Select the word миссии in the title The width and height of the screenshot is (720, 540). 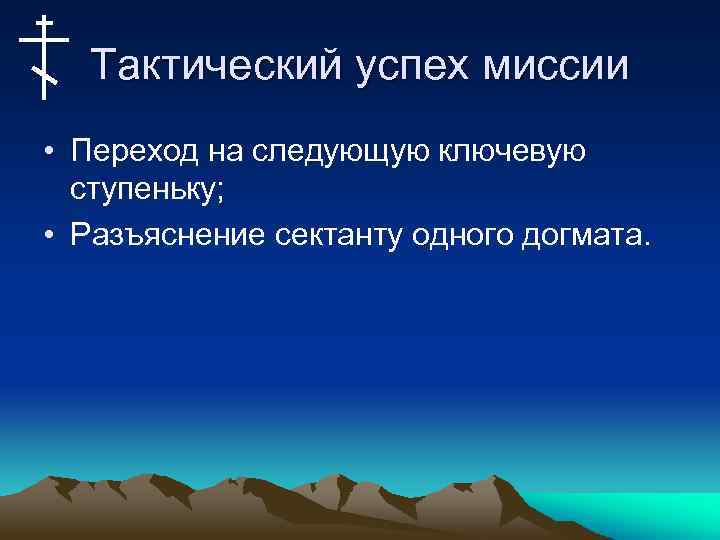point(559,67)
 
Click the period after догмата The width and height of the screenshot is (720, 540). point(647,242)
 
